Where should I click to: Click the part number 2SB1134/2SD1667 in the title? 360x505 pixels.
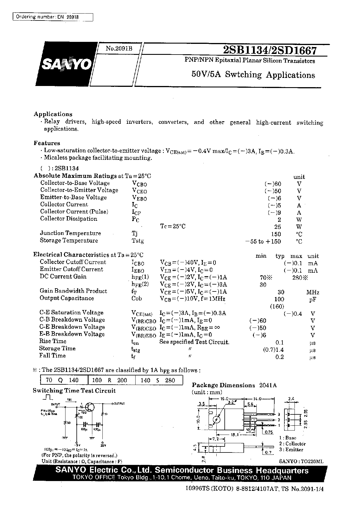270,50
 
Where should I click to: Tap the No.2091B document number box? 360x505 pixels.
119,49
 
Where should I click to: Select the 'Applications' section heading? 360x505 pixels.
53,114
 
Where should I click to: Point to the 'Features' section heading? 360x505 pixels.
47,143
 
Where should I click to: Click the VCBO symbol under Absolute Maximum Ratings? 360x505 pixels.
139,184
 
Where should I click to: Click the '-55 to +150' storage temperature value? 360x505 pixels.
262,242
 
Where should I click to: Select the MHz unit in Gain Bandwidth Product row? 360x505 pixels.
313,292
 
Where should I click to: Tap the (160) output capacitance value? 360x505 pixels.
277,306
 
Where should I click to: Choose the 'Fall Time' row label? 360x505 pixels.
52,356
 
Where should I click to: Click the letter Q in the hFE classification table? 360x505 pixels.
60,380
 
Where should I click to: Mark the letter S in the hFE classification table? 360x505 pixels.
158,380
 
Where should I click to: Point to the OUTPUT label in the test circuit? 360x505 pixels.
119,403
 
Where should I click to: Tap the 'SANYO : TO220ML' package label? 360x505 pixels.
301,461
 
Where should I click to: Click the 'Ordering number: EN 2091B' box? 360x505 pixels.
53,17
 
